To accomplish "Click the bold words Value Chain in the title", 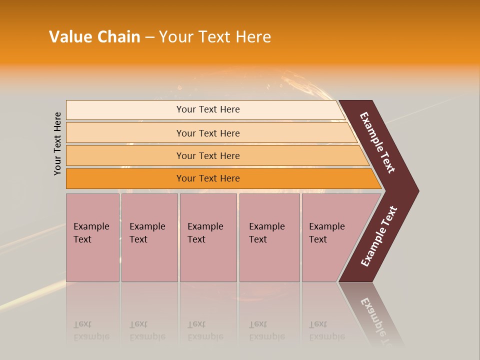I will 94,37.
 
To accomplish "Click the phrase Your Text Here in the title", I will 215,37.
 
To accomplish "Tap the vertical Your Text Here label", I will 57,143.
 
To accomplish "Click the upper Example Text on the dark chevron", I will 377,142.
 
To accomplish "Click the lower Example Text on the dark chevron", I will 379,236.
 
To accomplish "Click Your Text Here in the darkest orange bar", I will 208,178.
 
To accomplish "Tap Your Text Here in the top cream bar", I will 208,109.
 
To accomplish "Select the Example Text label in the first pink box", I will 91,233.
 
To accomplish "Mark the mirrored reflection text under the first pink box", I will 91,330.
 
